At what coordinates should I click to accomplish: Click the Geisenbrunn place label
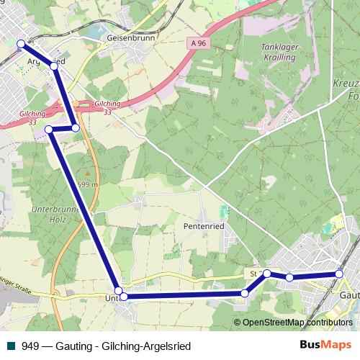tap(126, 36)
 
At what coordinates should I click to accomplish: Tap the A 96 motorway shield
tap(201, 45)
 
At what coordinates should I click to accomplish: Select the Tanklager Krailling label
tap(278, 50)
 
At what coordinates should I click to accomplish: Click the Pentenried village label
tap(207, 226)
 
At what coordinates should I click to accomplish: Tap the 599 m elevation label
tap(88, 184)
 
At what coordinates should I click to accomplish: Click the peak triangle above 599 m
tap(88, 174)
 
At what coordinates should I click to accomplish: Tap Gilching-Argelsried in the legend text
tap(149, 346)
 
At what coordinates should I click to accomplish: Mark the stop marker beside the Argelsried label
tap(55, 66)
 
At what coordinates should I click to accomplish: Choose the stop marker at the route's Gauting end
tap(340, 274)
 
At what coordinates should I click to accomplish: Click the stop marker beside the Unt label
tap(123, 296)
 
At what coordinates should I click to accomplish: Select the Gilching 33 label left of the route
tap(32, 117)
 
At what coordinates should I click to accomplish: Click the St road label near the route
tap(253, 274)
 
